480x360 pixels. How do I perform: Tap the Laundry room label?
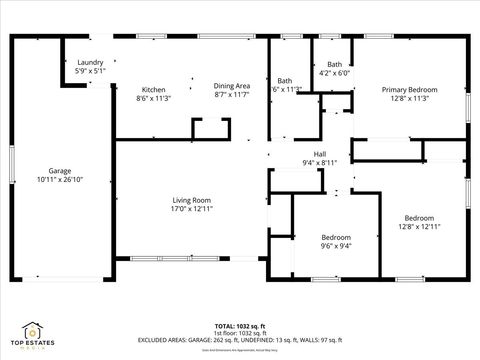tap(91, 63)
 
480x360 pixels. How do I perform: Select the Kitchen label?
tap(153, 89)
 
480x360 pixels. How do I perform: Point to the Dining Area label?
tap(231, 86)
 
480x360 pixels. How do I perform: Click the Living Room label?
tap(191, 201)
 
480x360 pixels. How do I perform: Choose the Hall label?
tap(319, 153)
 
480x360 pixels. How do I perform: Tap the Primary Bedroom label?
tap(410, 89)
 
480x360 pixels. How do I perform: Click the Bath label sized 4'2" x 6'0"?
tap(333, 64)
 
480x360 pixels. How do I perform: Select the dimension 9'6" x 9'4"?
tap(335, 245)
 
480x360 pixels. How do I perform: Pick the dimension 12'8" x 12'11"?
tap(419, 227)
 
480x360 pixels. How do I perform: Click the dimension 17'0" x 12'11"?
tap(191, 210)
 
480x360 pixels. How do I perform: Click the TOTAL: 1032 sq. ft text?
tap(239, 326)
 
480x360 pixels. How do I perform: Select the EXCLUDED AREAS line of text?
tap(240, 340)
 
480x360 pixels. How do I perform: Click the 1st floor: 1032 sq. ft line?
tap(239, 333)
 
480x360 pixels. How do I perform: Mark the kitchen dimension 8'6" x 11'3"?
tap(153, 98)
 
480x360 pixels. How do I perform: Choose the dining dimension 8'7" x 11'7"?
tap(231, 95)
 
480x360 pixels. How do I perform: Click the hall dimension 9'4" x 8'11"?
tap(319, 162)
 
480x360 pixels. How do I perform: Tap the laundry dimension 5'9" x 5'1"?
tap(91, 72)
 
